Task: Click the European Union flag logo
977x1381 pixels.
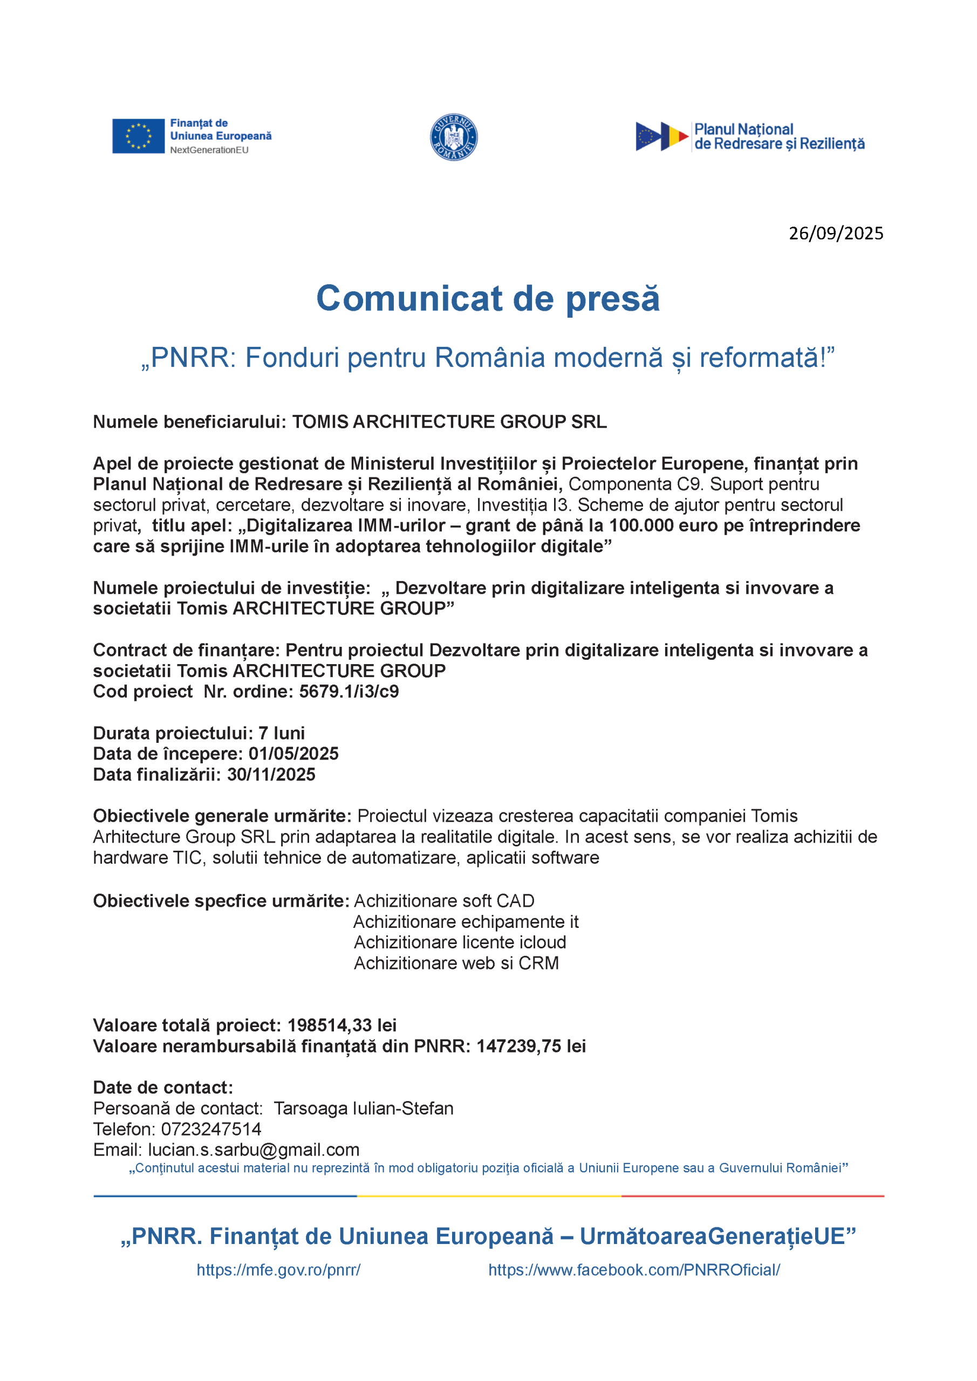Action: click(x=138, y=136)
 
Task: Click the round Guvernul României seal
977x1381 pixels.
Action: click(x=454, y=137)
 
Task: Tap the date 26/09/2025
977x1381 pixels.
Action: click(x=836, y=234)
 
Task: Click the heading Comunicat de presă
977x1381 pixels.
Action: click(x=488, y=299)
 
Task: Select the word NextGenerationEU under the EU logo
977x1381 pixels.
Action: click(x=209, y=151)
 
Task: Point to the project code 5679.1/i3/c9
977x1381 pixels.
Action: click(x=349, y=692)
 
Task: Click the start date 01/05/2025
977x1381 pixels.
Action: click(x=293, y=754)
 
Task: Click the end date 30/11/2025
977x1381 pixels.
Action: click(x=271, y=775)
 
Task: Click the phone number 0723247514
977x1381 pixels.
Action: click(x=210, y=1129)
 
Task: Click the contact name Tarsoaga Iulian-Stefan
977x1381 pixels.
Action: click(x=364, y=1109)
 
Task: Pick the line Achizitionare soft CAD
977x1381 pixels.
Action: click(x=444, y=901)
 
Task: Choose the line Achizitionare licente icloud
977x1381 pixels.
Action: click(x=460, y=942)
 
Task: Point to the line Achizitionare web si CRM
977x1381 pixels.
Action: click(x=456, y=963)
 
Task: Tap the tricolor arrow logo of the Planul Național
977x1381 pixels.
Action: click(x=662, y=136)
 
